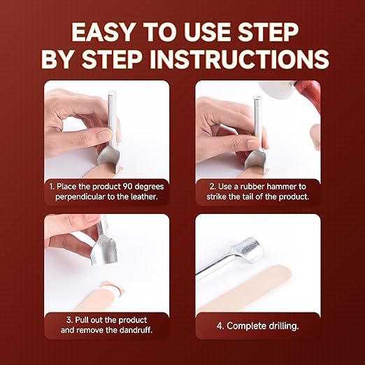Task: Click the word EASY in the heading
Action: click(103, 32)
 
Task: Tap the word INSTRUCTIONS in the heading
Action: click(239, 59)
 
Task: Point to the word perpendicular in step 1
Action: click(80, 197)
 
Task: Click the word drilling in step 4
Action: click(283, 326)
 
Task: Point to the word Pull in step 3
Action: click(80, 320)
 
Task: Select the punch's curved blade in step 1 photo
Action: click(109, 159)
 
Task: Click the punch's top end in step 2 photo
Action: click(257, 97)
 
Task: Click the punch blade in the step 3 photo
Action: click(103, 251)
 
